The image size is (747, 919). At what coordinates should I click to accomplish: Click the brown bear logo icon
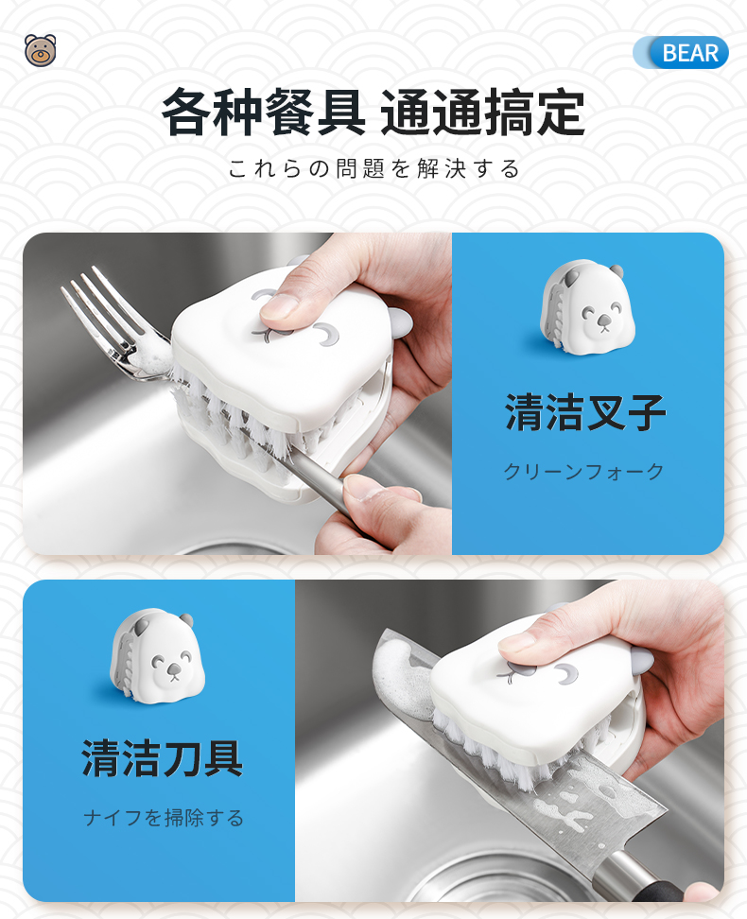41,50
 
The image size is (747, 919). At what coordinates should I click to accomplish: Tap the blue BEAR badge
681,53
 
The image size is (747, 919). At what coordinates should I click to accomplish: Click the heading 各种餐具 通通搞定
373,112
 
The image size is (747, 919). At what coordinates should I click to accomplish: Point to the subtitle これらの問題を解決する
374,169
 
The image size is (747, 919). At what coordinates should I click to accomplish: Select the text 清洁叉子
585,412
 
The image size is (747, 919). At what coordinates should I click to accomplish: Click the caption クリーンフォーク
584,471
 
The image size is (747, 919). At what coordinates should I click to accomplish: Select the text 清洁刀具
163,758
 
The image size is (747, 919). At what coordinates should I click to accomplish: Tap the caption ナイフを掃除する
164,818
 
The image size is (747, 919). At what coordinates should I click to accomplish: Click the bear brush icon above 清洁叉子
588,307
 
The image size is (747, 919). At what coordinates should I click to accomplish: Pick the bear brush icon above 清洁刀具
158,656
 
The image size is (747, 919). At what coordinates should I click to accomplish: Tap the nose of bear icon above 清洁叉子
602,320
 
